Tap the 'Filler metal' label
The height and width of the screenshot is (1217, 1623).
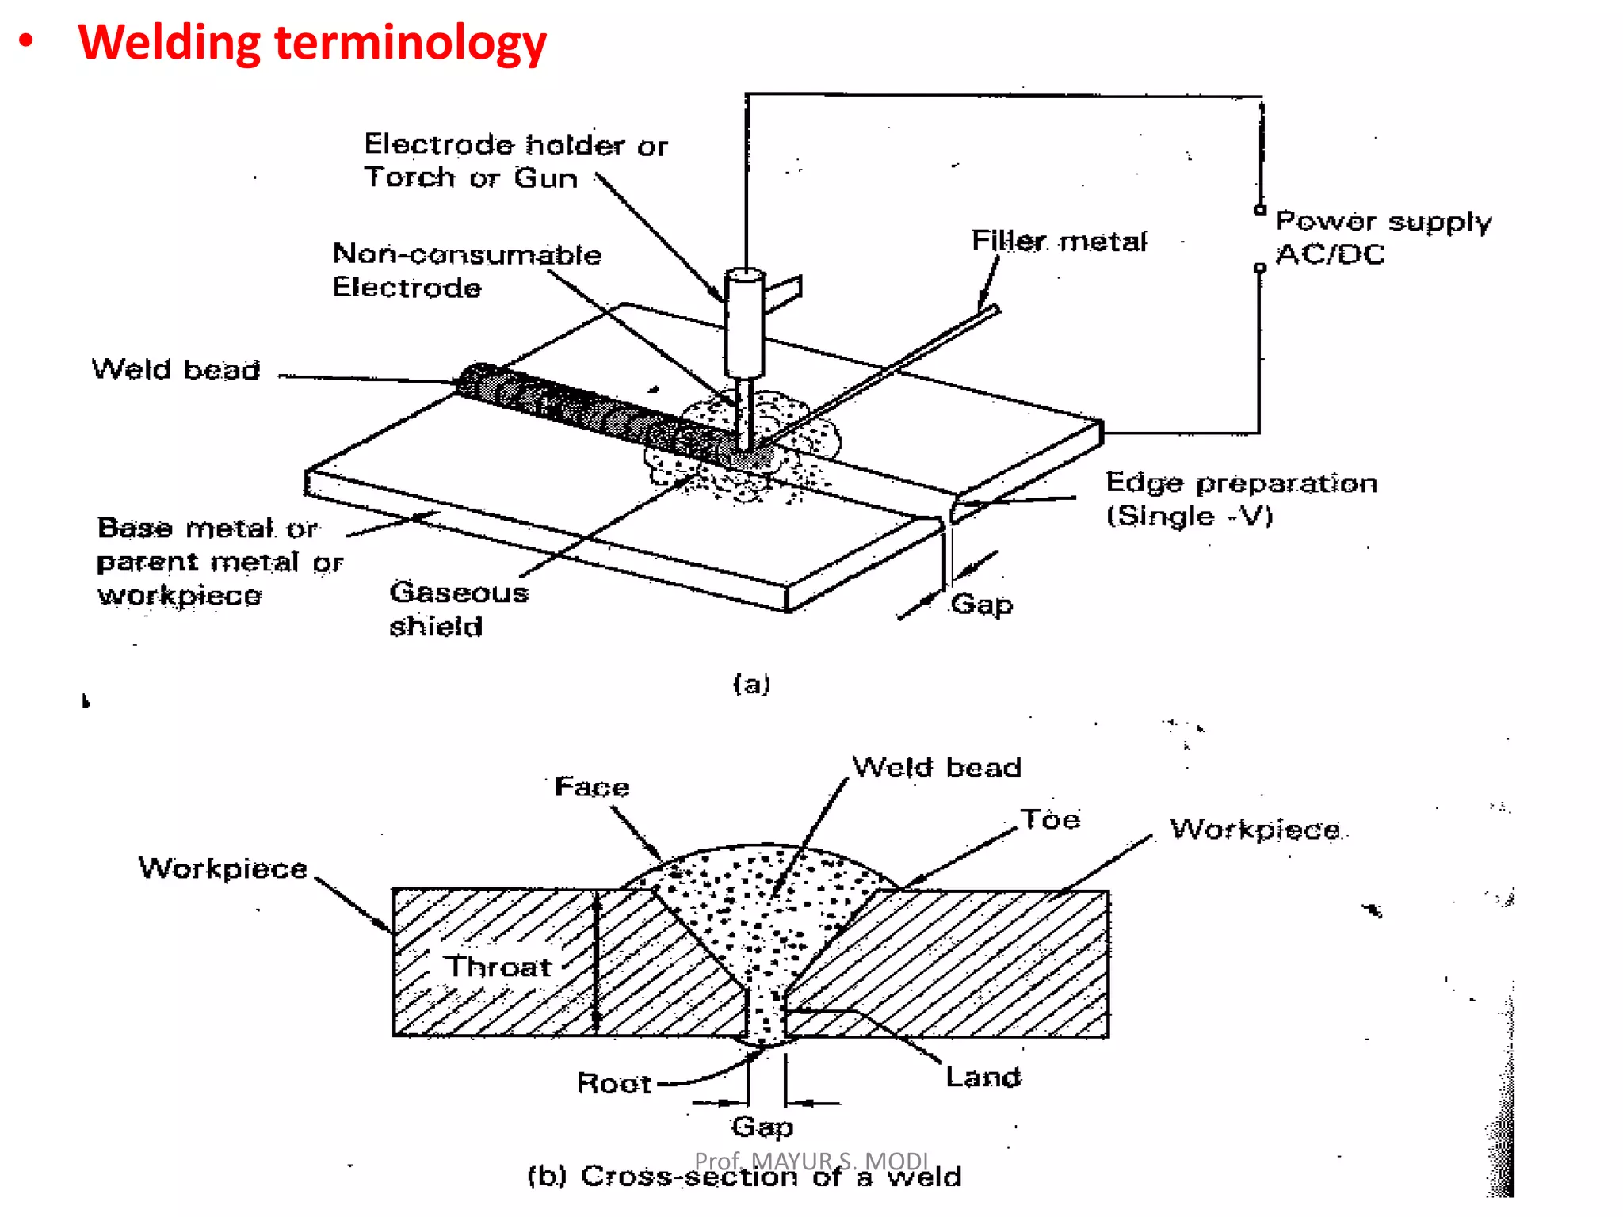(x=1058, y=240)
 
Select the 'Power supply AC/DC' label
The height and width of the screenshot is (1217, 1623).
(x=1382, y=237)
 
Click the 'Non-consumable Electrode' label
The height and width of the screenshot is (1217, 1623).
(x=466, y=270)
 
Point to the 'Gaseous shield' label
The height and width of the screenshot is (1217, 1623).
(x=457, y=608)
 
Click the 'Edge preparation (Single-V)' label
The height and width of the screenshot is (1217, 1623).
(x=1240, y=498)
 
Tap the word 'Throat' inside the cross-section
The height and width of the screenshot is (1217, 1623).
(x=496, y=966)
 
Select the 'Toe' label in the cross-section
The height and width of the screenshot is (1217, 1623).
(x=1049, y=818)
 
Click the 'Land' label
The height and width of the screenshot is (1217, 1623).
(x=983, y=1077)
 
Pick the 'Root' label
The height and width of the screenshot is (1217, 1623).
(x=613, y=1082)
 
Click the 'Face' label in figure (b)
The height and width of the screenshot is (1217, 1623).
(x=591, y=786)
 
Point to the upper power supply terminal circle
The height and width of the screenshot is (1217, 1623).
(x=1259, y=209)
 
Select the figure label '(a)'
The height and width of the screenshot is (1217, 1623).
(x=750, y=683)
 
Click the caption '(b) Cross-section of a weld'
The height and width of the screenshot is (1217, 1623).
(x=744, y=1177)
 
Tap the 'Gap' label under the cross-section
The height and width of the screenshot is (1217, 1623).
(x=762, y=1126)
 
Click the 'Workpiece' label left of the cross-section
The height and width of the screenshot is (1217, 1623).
(x=223, y=868)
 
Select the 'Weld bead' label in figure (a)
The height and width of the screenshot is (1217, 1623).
(x=176, y=369)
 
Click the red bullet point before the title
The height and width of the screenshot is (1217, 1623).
(x=26, y=41)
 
